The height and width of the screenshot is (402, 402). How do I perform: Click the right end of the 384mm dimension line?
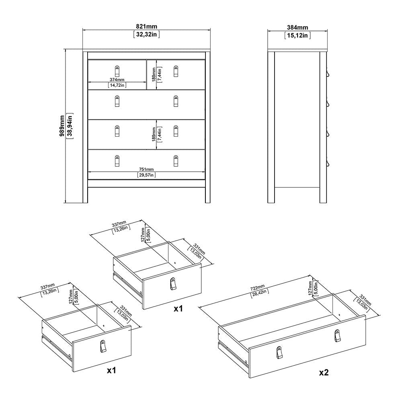pyautogui.click(x=328, y=31)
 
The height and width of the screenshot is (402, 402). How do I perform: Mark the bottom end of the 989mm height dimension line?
pyautogui.click(x=66, y=203)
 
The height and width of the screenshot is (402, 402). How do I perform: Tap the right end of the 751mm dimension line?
pyautogui.click(x=205, y=172)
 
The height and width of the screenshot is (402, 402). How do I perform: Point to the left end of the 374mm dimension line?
pyautogui.click(x=88, y=82)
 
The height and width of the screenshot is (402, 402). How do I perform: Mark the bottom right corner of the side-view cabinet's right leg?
pyautogui.click(x=326, y=203)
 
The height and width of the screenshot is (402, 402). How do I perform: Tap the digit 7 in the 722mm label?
pyautogui.click(x=252, y=289)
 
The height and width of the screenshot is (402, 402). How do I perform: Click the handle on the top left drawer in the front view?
pyautogui.click(x=117, y=71)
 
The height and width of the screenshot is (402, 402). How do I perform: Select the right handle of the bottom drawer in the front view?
pyautogui.click(x=176, y=161)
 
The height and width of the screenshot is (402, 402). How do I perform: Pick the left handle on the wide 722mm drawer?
pyautogui.click(x=280, y=353)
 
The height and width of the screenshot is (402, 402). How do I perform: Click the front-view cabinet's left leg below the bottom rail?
pyautogui.click(x=85, y=195)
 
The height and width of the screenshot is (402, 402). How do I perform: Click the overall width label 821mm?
pyautogui.click(x=146, y=27)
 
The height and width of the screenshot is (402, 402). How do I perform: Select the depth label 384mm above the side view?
pyautogui.click(x=297, y=27)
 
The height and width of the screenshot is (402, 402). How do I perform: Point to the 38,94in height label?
pyautogui.click(x=70, y=126)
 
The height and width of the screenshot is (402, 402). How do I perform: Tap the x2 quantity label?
pyautogui.click(x=324, y=372)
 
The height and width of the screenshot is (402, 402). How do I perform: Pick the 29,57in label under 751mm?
pyautogui.click(x=146, y=175)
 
